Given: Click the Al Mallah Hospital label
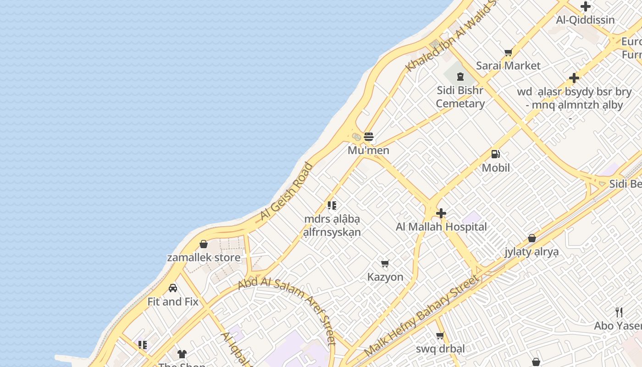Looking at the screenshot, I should pyautogui.click(x=441, y=227).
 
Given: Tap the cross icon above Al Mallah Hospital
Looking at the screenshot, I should pyautogui.click(x=441, y=213).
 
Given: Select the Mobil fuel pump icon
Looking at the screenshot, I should pyautogui.click(x=495, y=154).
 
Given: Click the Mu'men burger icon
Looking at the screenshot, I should pyautogui.click(x=369, y=137).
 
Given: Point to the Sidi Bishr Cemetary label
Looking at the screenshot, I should pyautogui.click(x=460, y=97).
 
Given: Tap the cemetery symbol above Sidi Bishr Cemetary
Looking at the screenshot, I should pyautogui.click(x=460, y=77).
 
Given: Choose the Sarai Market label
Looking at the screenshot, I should pyautogui.click(x=508, y=66).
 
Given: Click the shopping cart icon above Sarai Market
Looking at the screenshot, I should pyautogui.click(x=508, y=53).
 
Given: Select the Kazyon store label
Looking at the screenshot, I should pyautogui.click(x=385, y=277).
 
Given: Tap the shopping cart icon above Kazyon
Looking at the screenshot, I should pyautogui.click(x=385, y=263).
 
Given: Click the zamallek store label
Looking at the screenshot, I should pyautogui.click(x=204, y=257).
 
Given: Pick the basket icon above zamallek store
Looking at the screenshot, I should pyautogui.click(x=204, y=244).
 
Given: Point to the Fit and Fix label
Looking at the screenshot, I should pyautogui.click(x=173, y=301).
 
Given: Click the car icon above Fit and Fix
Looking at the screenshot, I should pyautogui.click(x=173, y=288).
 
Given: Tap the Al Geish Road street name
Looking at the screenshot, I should pyautogui.click(x=286, y=191).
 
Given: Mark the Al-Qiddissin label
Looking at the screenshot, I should pyautogui.click(x=585, y=20).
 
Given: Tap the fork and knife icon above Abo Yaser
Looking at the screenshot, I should pyautogui.click(x=619, y=312).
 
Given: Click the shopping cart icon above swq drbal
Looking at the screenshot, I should pyautogui.click(x=440, y=336).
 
